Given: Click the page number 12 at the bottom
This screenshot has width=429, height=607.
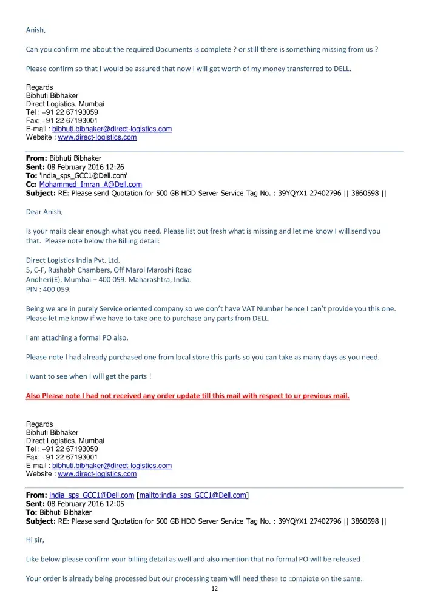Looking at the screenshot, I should (214, 589).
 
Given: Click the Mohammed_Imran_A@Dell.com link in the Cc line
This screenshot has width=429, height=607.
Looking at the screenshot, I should (90, 185).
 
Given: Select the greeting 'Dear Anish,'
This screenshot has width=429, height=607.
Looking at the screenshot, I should (44, 212).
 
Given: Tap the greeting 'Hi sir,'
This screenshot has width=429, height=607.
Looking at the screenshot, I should (35, 540).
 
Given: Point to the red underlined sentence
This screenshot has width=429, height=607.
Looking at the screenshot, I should (187, 396).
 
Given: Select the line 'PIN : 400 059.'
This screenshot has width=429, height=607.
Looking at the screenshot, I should (49, 290).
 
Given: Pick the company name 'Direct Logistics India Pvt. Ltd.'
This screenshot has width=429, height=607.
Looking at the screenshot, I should (73, 260).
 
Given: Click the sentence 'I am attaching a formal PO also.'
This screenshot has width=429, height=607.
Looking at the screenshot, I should (77, 337).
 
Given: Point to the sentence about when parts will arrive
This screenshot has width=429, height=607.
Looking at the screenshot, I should (89, 376).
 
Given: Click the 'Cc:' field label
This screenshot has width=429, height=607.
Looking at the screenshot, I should (32, 185).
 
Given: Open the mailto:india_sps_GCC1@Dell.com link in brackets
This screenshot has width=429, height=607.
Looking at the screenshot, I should (193, 495).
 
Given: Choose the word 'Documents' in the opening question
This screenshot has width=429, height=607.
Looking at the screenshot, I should (177, 49).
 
